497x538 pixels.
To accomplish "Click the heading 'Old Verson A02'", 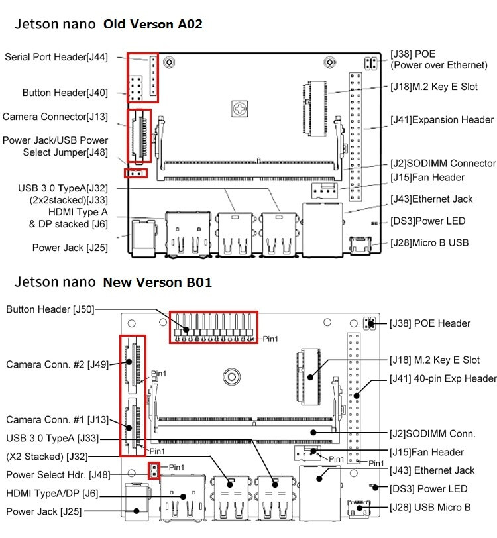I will click(152, 25).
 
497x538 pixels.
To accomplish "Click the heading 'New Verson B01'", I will click(157, 282).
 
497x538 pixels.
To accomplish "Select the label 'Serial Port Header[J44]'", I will click(56, 58).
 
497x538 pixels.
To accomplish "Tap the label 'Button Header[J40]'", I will click(65, 93).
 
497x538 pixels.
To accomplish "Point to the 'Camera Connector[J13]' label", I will click(55, 117).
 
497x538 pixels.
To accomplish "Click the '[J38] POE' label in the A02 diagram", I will click(413, 54).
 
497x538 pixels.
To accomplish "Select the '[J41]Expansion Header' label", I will click(441, 120).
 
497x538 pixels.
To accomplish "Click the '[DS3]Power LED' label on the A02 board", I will click(427, 221).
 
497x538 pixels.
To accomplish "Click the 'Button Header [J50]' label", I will click(47, 309).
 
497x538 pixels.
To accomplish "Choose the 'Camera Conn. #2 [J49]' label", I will click(58, 364).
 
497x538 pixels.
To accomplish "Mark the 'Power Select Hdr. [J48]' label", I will click(58, 475).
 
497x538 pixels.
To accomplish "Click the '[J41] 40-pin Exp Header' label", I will click(443, 379).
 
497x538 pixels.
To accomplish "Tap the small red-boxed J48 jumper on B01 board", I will click(154, 470).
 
